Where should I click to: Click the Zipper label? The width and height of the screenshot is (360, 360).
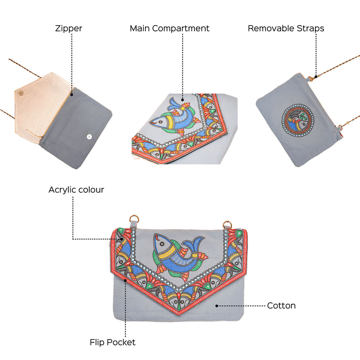68,28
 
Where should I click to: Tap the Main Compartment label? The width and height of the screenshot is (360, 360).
170,28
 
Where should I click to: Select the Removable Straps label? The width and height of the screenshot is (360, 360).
286,28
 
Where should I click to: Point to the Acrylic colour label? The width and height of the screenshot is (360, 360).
76,190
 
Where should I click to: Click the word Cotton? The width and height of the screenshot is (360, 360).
281,306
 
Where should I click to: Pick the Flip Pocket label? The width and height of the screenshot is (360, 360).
113,342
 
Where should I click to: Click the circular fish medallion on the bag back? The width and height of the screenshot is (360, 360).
298,118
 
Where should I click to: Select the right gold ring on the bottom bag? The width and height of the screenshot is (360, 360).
227,224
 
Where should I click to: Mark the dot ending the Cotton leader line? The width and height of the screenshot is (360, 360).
216,306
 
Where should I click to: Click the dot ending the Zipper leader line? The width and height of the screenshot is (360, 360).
72,95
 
